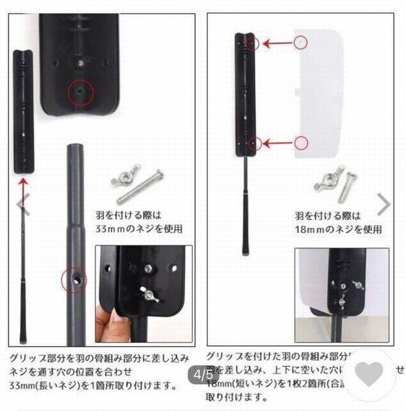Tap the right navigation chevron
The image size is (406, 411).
click(384, 205)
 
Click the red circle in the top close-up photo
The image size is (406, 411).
click(80, 93)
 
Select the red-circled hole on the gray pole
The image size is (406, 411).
click(73, 280)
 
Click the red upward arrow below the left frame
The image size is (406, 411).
click(24, 188)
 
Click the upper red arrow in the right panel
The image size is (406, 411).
click(276, 44)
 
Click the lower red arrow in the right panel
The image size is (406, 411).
click(276, 143)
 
